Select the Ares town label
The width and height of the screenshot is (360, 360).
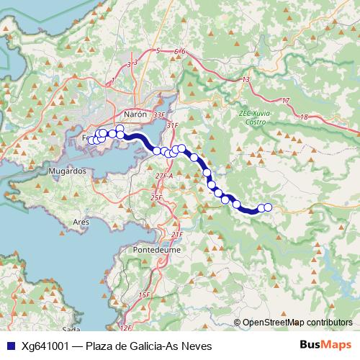tap(81, 223)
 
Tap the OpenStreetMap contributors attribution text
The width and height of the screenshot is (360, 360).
tap(297, 322)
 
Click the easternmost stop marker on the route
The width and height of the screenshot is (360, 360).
tap(268, 207)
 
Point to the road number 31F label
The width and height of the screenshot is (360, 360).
tap(171, 126)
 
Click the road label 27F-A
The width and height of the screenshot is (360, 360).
tap(164, 176)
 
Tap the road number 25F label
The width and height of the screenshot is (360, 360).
tap(156, 197)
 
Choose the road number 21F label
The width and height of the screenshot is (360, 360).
tap(177, 235)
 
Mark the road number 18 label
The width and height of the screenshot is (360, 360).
tap(304, 117)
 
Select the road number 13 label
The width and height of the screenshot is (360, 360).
tap(246, 79)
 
